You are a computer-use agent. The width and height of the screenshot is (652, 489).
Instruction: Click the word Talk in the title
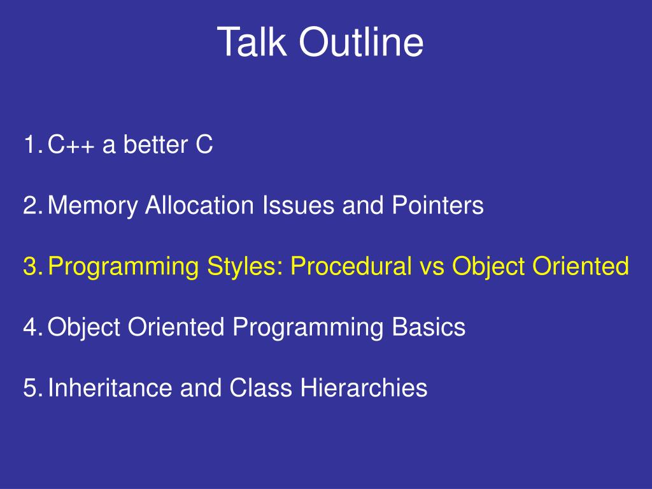tap(252, 41)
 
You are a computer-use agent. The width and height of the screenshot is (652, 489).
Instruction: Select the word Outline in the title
tap(362, 41)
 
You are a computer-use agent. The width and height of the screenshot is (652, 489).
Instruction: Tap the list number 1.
tap(33, 145)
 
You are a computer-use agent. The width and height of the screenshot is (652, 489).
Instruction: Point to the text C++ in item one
tap(71, 145)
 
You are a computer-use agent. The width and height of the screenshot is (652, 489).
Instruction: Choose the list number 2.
tap(33, 205)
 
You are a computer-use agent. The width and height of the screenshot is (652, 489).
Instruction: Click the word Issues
tap(298, 205)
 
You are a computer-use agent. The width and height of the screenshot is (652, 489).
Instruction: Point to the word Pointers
tap(438, 205)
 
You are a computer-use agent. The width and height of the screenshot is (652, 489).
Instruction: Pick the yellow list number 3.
tap(33, 266)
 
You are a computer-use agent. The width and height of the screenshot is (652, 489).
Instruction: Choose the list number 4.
tap(33, 327)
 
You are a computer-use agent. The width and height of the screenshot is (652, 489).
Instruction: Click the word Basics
tap(429, 327)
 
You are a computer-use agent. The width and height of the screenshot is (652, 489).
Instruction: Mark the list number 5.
tap(33, 388)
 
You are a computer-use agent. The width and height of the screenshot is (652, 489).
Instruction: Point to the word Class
tap(260, 388)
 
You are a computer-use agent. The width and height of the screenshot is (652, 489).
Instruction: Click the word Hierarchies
tap(364, 388)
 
